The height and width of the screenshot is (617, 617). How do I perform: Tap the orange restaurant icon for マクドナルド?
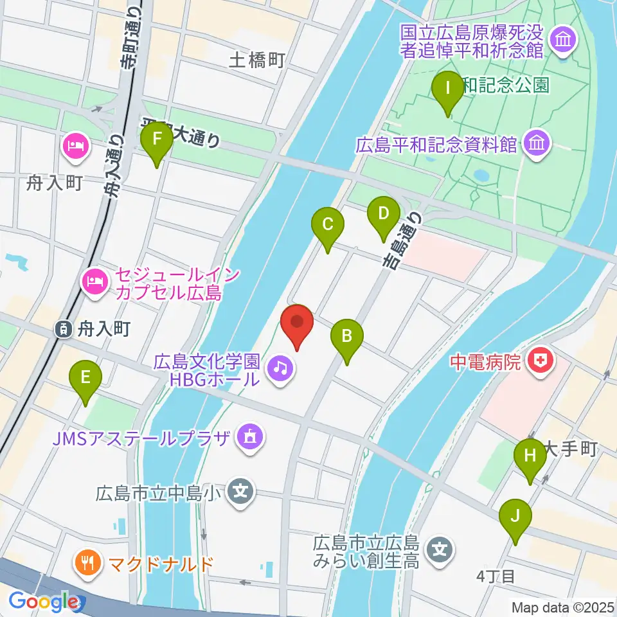(87, 564)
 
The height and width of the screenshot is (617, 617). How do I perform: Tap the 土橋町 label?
(256, 61)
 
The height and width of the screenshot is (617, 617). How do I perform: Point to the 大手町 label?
(571, 449)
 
